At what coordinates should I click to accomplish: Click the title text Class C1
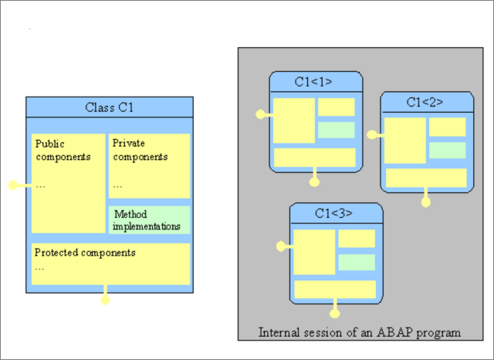point(109,107)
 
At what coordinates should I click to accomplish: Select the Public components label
point(63,150)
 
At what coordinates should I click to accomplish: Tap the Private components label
point(140,150)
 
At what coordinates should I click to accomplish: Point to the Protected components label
point(85,253)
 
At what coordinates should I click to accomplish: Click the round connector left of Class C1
point(13,185)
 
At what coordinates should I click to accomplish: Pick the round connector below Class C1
point(106,300)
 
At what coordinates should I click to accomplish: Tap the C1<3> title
point(336,213)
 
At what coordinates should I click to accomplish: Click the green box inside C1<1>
point(337,130)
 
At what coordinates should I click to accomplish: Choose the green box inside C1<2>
point(448,150)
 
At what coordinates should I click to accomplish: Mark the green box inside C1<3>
point(357,263)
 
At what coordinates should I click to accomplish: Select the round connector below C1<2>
point(425,202)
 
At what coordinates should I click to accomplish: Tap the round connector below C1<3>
point(335,314)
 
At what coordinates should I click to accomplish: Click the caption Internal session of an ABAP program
point(360,333)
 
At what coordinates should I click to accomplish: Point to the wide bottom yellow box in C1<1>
point(315,157)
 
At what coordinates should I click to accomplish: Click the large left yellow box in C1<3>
point(314,252)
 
